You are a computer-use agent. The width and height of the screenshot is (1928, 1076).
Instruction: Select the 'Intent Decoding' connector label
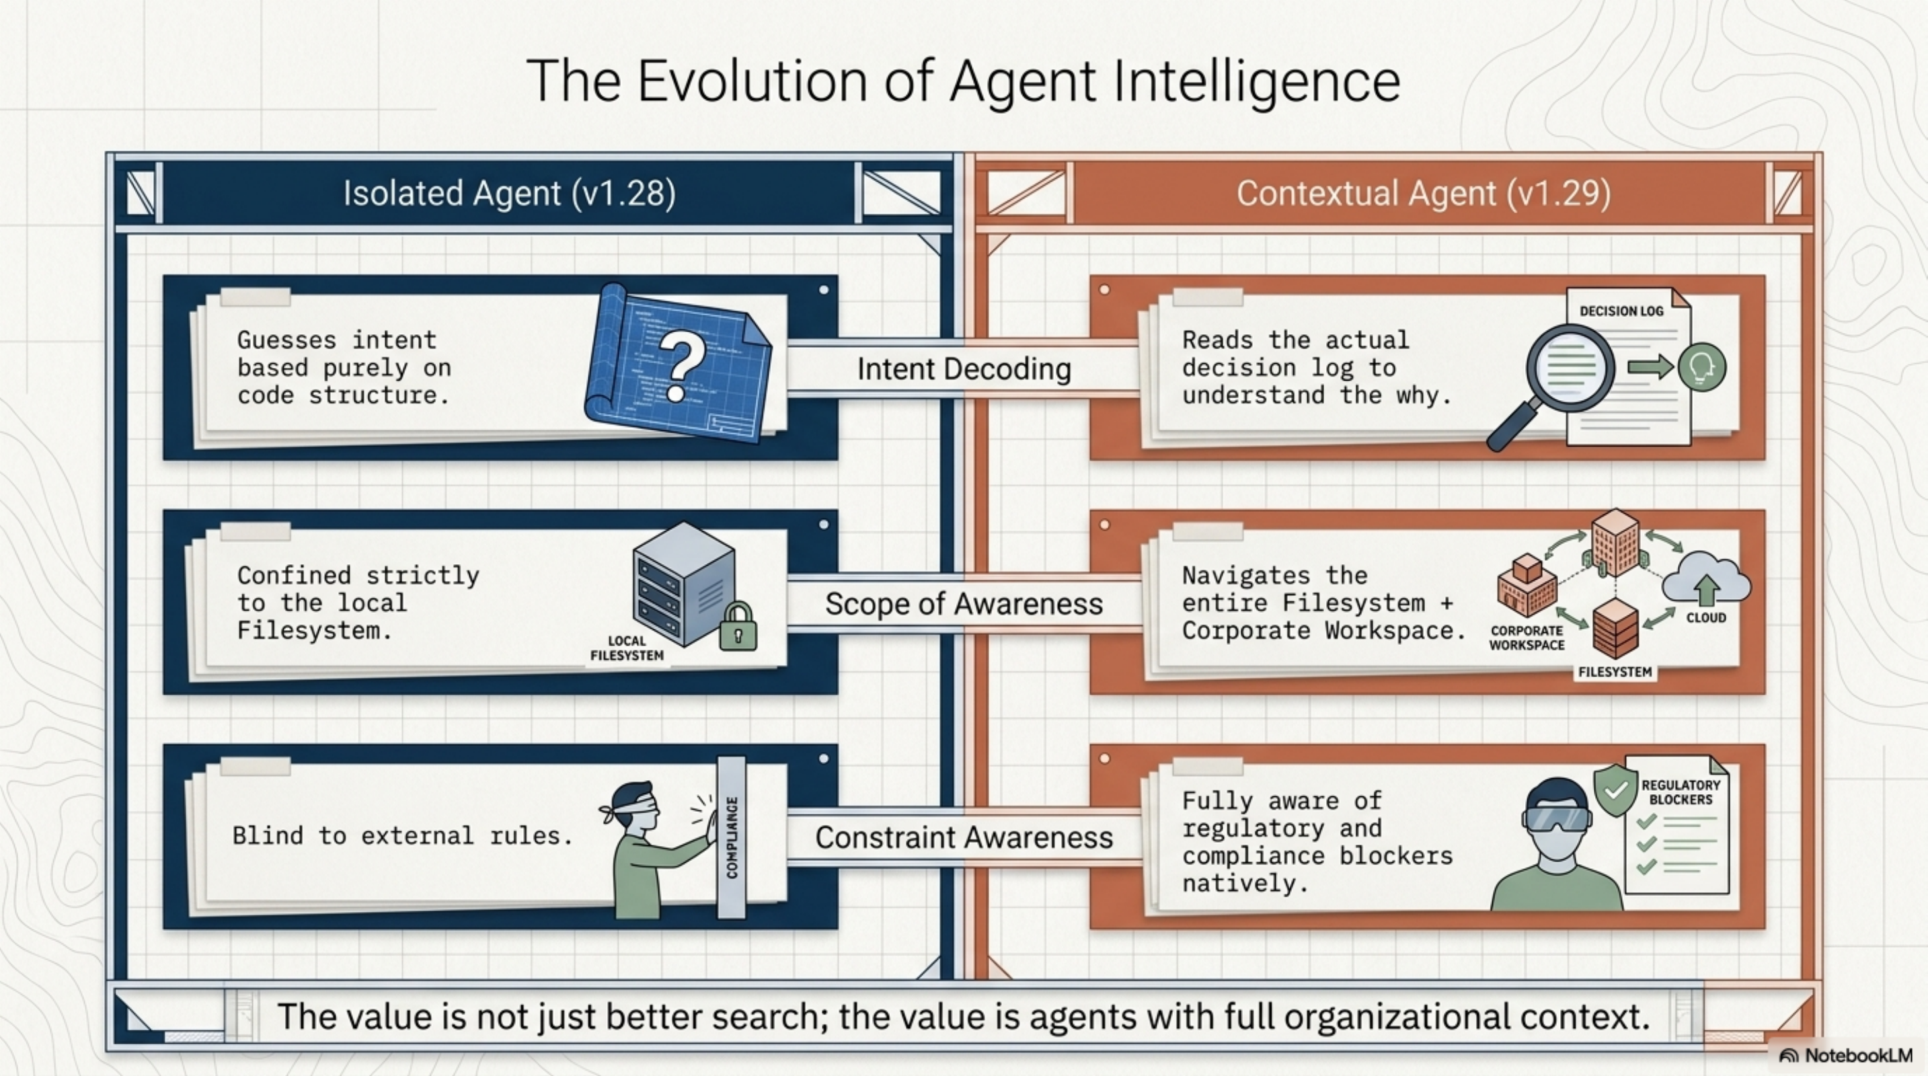[x=964, y=369]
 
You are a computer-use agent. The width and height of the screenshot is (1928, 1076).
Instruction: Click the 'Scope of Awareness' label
[x=964, y=604]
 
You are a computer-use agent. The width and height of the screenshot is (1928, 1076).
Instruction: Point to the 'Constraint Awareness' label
[x=964, y=837]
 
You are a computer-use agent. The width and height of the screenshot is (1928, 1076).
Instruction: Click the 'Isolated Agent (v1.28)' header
[x=509, y=193]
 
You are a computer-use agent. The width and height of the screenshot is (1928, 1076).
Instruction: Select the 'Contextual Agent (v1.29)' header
[x=1423, y=193]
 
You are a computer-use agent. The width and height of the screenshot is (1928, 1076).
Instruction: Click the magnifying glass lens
[x=1570, y=367]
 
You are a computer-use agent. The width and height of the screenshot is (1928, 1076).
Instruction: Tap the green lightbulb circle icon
[x=1701, y=367]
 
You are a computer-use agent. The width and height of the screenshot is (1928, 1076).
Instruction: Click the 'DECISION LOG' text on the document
[x=1621, y=311]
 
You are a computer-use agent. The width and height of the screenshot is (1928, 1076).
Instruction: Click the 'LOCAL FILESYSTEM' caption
[x=627, y=648]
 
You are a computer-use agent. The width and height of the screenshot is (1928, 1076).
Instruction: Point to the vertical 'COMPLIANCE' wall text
[x=732, y=837]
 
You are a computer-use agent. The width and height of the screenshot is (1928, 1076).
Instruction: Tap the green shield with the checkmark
[x=1615, y=790]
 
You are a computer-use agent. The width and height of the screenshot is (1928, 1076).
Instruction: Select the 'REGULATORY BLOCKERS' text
[x=1681, y=792]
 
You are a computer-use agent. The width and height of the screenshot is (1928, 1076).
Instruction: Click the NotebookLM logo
[x=1846, y=1056]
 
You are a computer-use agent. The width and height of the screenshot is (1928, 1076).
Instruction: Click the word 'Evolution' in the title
[x=756, y=81]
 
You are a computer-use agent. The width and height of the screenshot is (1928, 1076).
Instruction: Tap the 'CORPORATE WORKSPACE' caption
[x=1526, y=638]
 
